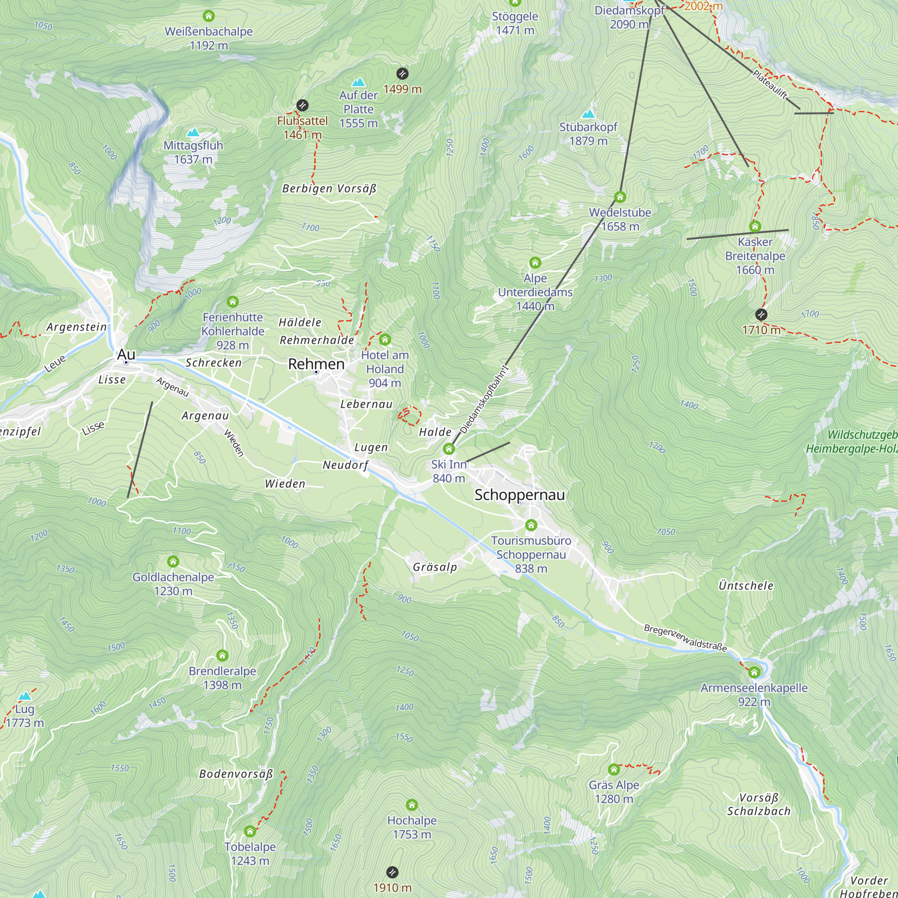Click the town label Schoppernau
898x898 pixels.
coord(519,494)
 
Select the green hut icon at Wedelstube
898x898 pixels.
coord(620,197)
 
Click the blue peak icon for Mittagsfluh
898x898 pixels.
coord(193,132)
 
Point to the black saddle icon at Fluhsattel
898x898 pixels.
coord(302,105)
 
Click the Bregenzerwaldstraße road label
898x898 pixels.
coord(685,638)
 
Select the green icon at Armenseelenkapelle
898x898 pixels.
coord(754,672)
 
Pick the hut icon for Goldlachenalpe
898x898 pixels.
coord(173,562)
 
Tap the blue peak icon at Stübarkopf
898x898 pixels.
coord(588,114)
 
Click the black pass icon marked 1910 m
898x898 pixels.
coord(392,872)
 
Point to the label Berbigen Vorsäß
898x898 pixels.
coord(329,188)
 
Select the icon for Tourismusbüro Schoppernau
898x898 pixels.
coord(531,525)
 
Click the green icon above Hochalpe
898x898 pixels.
coord(411,805)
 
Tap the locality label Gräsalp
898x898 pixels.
coord(435,567)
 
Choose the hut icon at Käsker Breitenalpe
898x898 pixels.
coord(755,226)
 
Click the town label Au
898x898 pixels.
coord(126,354)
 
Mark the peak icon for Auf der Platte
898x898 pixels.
coord(358,82)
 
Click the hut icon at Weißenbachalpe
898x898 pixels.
coord(209,16)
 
